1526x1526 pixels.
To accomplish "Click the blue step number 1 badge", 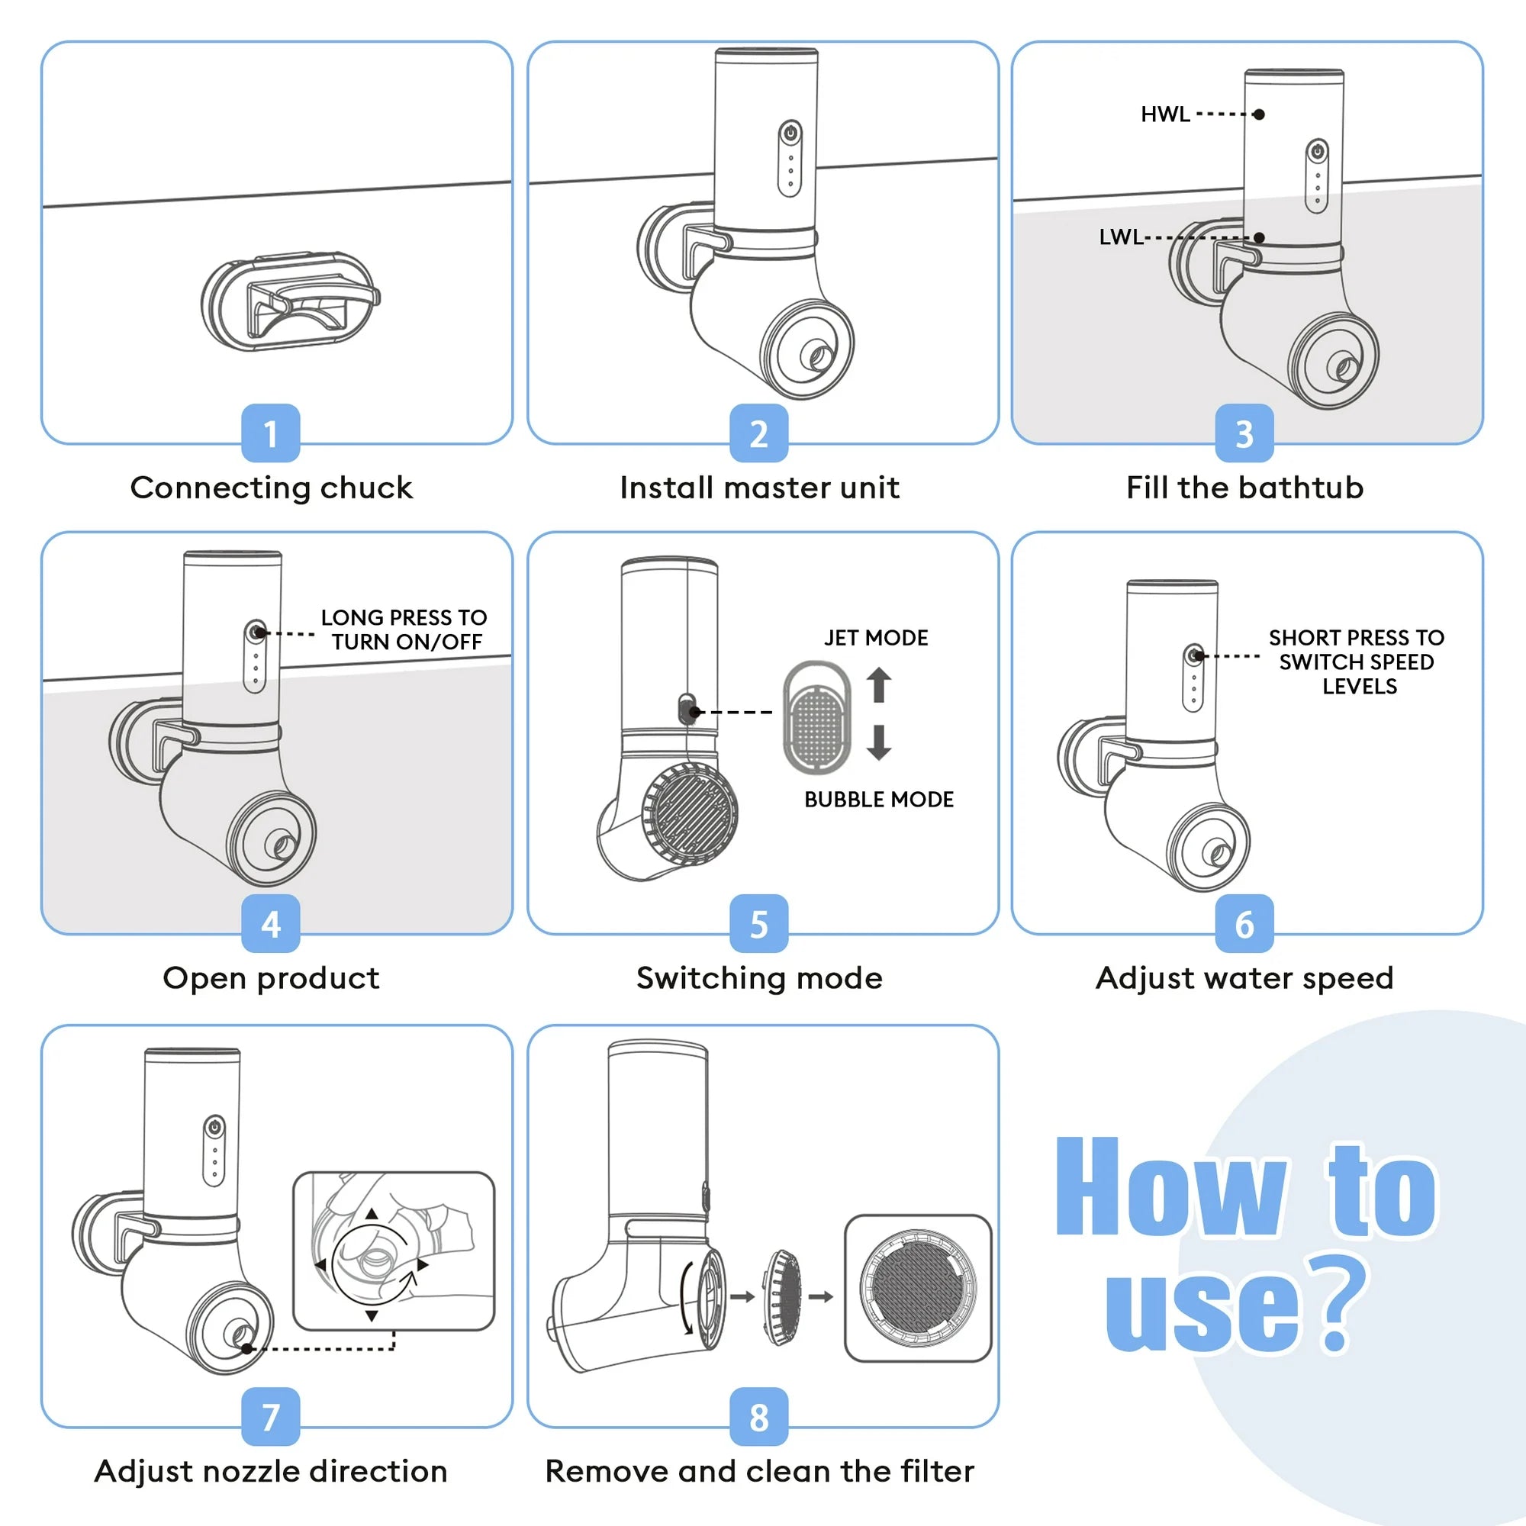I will tap(270, 433).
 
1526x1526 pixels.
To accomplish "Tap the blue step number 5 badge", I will tap(758, 923).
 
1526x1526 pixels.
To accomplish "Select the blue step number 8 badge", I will tap(758, 1417).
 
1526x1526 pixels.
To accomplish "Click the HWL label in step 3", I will tap(1165, 114).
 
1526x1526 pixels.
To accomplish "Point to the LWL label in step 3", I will tap(1121, 237).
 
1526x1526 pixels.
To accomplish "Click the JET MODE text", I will tap(876, 637).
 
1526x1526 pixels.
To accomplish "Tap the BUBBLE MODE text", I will tap(878, 800).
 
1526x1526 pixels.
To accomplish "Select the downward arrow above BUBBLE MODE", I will tap(879, 742).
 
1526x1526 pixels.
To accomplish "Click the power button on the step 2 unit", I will tap(790, 133).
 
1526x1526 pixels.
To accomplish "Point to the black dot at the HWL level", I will tap(1259, 114).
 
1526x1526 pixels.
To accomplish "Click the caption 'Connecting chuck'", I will tap(271, 488).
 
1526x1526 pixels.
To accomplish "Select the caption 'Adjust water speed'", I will tap(1244, 978).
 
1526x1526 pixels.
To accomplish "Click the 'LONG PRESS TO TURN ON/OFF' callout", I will tap(404, 629).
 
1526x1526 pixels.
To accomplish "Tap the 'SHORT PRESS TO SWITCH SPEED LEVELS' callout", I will tap(1356, 661).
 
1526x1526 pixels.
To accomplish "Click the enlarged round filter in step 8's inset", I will tap(918, 1287).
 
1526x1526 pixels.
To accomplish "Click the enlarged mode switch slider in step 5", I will tap(817, 717).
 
